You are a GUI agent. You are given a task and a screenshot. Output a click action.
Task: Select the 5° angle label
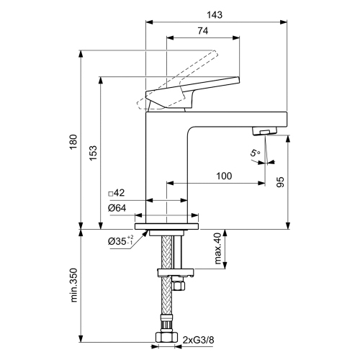coord(255,153)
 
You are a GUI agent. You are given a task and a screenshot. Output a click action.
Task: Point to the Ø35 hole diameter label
coord(120,241)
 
